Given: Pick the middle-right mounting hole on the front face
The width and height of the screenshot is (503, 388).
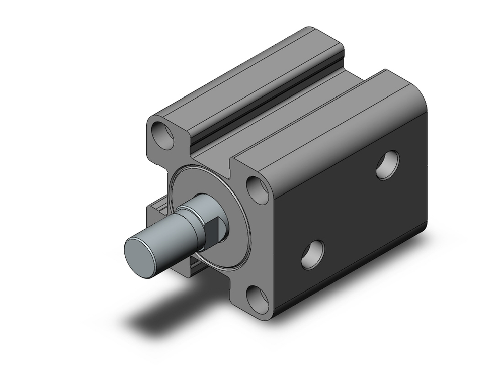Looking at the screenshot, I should (259, 190).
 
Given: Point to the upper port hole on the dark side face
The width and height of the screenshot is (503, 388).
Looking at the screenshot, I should (388, 165).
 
